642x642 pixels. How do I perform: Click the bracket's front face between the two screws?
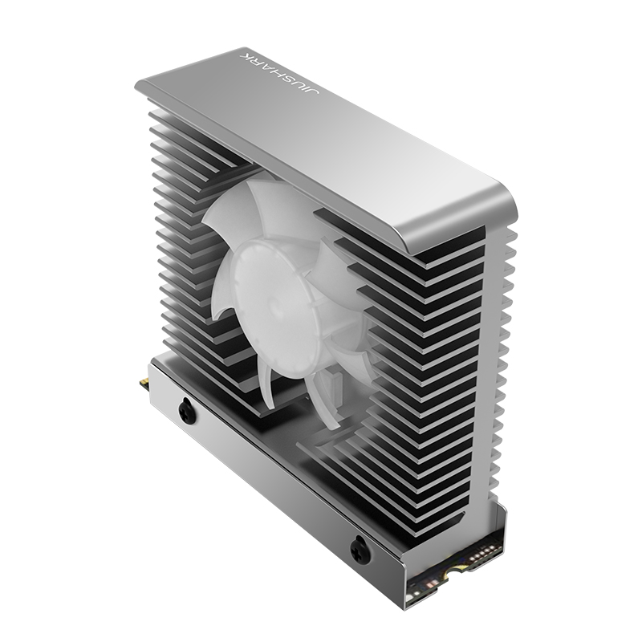[x=273, y=481]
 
